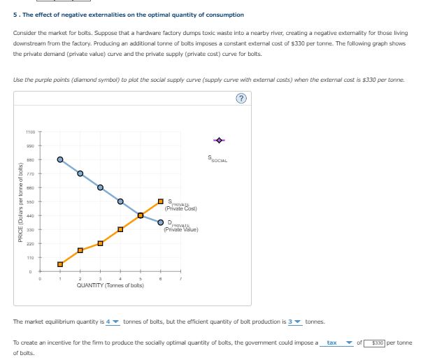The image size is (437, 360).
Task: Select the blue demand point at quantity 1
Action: tap(60, 159)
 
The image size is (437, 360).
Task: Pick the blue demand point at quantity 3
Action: tap(100, 187)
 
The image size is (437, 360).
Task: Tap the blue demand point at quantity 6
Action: tap(161, 223)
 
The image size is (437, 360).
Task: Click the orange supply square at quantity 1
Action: tap(60, 264)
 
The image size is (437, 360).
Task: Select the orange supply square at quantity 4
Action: tap(120, 229)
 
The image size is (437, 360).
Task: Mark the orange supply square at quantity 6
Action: tap(161, 201)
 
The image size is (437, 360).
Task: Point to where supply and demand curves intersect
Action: tap(141, 215)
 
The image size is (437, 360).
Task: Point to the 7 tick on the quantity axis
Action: tap(180, 278)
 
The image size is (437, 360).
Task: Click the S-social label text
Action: tap(217, 159)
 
